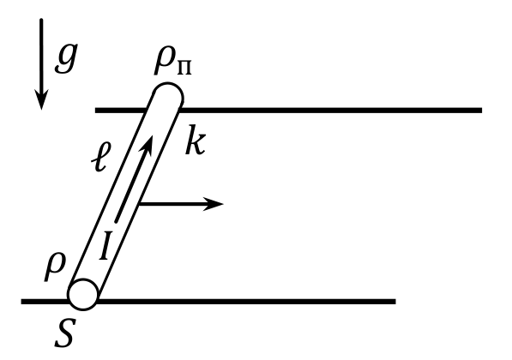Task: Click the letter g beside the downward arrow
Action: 66,58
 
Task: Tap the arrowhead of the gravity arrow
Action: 41,99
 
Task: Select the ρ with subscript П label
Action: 172,63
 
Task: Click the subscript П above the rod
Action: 184,69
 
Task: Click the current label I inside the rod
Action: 104,245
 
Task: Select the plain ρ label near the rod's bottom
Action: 55,267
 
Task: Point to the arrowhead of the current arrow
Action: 148,145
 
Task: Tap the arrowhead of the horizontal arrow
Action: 213,204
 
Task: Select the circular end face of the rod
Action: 83,294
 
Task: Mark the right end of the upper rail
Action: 481,111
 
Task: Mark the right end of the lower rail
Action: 395,302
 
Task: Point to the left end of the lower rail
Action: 22,302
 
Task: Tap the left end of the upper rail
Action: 96,111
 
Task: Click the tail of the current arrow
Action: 116,222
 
